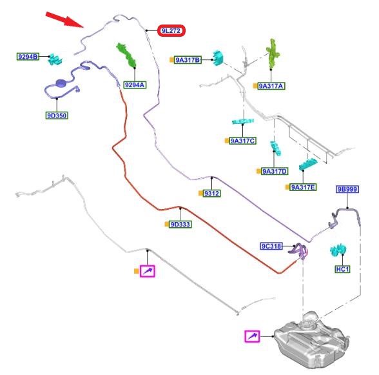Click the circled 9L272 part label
coord(171,31)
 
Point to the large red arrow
coord(64,19)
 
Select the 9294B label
coord(28,57)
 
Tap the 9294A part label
coord(135,85)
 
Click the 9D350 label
coord(57,116)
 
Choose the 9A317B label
coord(188,60)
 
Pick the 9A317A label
coord(271,86)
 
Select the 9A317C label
coord(242,141)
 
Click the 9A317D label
coord(275,172)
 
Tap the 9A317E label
coord(303,187)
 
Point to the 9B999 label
coord(347,189)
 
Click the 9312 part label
coord(211,194)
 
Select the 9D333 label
coord(180,225)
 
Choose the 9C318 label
coord(271,246)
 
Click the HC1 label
coord(342,269)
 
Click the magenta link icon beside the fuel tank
coord(252,336)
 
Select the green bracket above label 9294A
coord(126,55)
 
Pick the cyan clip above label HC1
coord(338,250)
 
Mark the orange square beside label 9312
coord(200,193)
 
